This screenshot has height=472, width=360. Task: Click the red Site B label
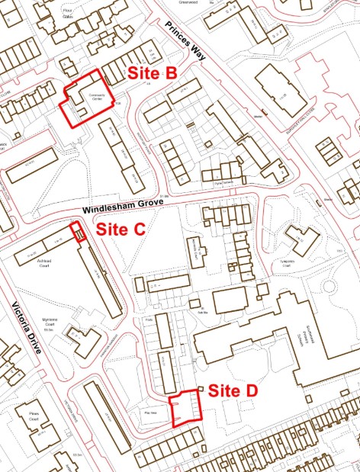tap(152, 73)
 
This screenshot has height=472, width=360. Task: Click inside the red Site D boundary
tap(184, 408)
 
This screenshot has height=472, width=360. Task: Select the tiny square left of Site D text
tap(201, 390)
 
